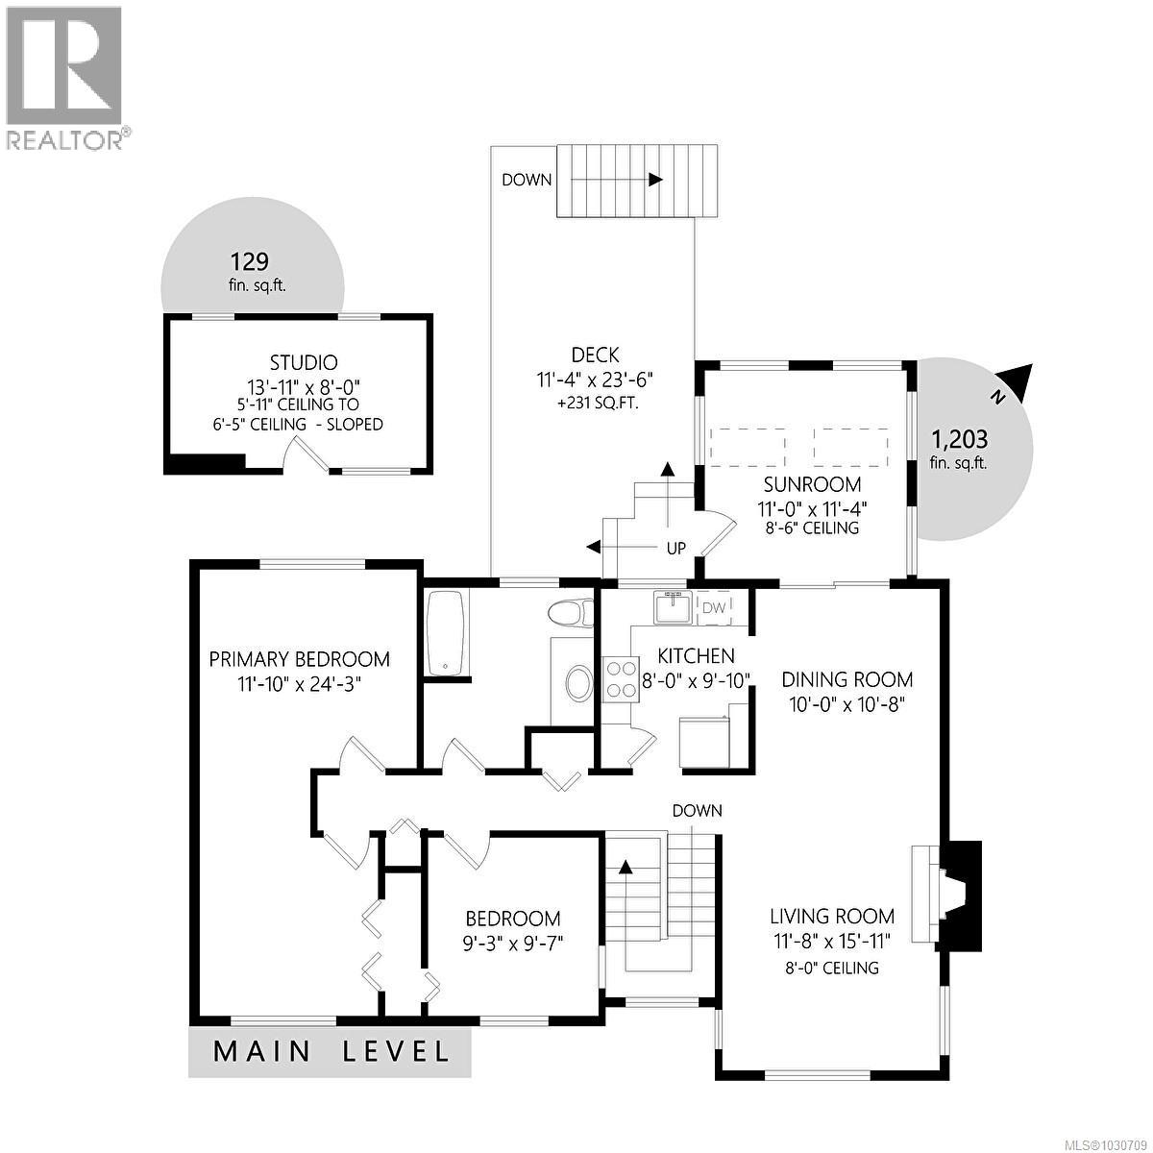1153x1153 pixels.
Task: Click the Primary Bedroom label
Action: pos(300,659)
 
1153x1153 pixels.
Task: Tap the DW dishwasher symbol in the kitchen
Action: pos(713,607)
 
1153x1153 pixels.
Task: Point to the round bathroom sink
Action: pos(578,684)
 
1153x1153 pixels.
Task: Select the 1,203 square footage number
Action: pos(958,440)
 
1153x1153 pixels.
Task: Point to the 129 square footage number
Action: pos(249,261)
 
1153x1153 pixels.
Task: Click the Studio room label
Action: pos(304,362)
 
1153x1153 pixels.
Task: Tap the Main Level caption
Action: pos(331,1051)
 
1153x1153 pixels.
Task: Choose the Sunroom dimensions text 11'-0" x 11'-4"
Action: pos(813,507)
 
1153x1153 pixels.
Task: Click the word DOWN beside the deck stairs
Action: pos(527,180)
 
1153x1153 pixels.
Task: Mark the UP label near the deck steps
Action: pos(676,549)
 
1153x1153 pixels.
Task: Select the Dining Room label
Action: pos(846,679)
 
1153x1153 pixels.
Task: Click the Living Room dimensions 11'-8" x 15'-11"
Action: pos(832,940)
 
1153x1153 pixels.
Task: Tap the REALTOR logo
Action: pos(64,77)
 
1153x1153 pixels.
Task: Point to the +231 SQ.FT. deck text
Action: pos(597,402)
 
